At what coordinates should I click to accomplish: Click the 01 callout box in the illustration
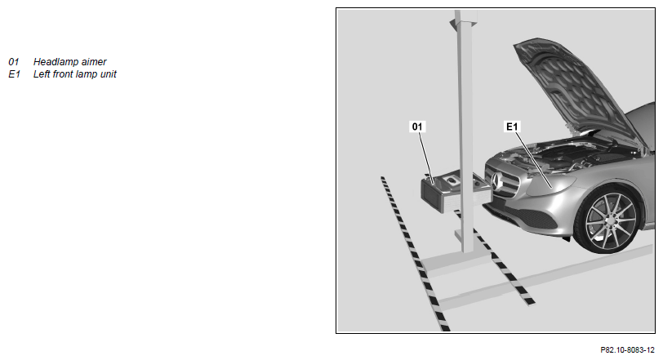pyautogui.click(x=417, y=127)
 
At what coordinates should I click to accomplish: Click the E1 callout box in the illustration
pyautogui.click(x=512, y=127)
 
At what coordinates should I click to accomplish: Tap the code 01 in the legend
pyautogui.click(x=14, y=62)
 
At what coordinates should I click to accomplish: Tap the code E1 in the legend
pyautogui.click(x=14, y=74)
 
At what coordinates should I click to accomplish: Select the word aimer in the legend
pyautogui.click(x=94, y=62)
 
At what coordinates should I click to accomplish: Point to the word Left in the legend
pyautogui.click(x=42, y=74)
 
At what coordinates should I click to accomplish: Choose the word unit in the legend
pyautogui.click(x=109, y=74)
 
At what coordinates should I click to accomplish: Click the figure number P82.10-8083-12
pyautogui.click(x=627, y=350)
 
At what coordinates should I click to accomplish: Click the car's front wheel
pyautogui.click(x=611, y=220)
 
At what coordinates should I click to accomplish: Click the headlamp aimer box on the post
pyautogui.click(x=455, y=191)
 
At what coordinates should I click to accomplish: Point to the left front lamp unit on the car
pyautogui.click(x=550, y=184)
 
